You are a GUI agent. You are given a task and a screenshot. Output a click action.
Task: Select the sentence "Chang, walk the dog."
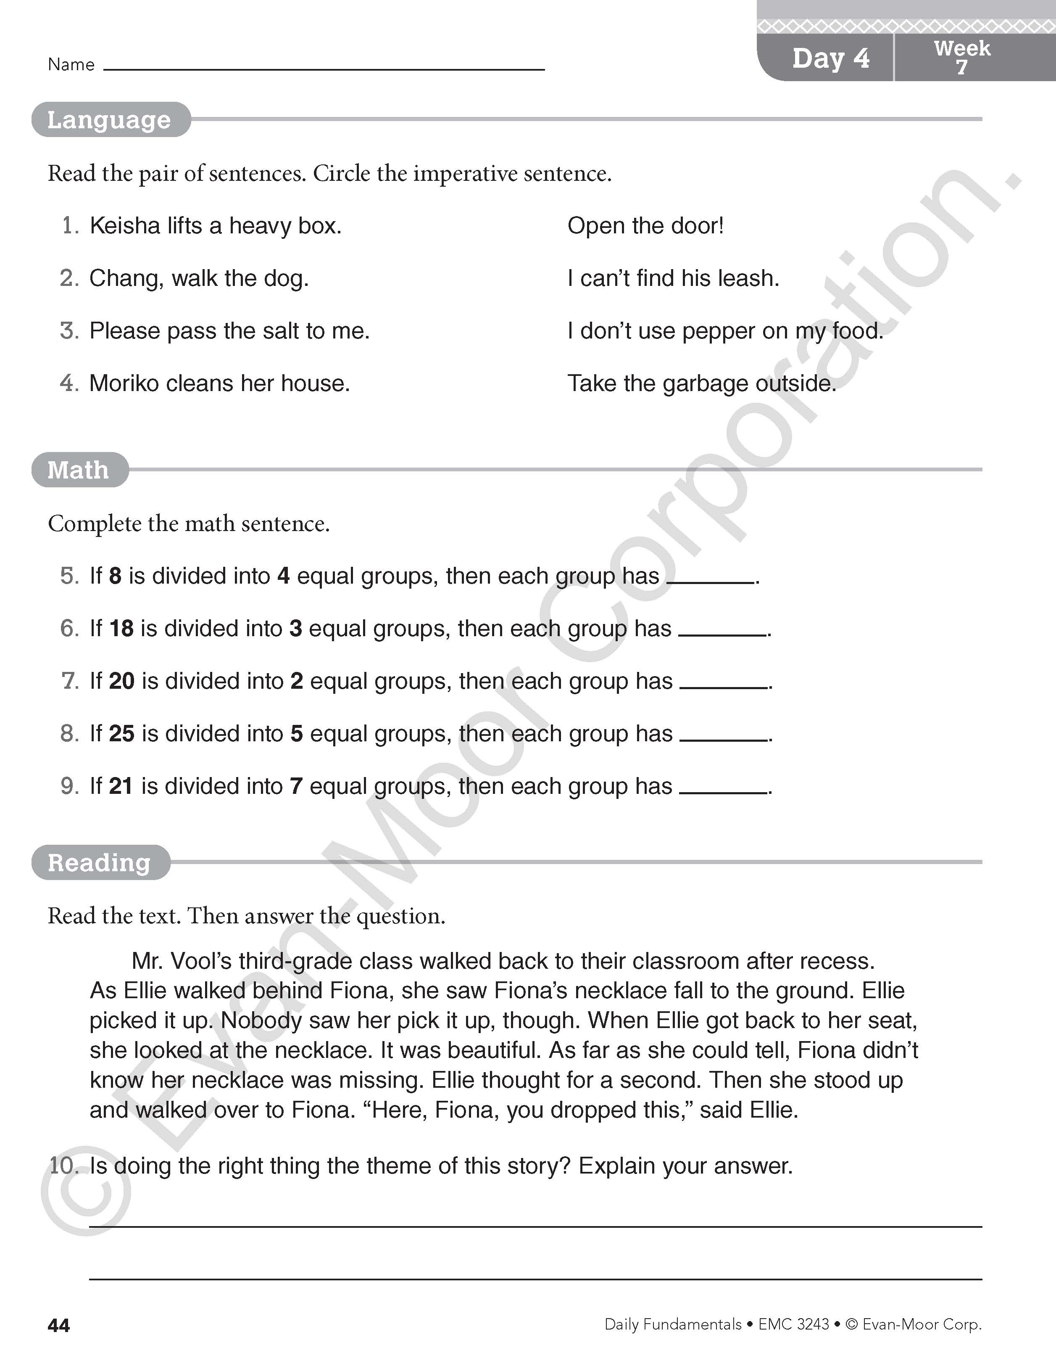(199, 278)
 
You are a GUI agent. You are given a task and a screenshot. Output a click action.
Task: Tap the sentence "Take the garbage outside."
(702, 383)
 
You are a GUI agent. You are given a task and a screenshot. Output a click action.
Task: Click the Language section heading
(109, 119)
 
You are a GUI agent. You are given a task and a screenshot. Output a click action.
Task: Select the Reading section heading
(99, 862)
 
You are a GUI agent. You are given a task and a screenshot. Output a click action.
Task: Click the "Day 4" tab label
(831, 58)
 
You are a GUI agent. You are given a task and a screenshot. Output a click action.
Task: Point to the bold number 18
(121, 629)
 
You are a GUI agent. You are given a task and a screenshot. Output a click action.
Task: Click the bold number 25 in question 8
(122, 734)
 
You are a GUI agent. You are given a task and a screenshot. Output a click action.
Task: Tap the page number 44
(59, 1325)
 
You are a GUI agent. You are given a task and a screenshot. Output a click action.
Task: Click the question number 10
(63, 1166)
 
